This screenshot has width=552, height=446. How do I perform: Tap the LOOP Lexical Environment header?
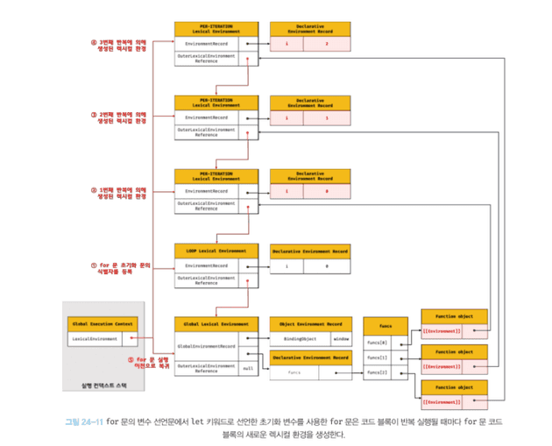click(216, 250)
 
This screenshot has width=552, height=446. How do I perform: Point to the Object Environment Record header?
click(311, 322)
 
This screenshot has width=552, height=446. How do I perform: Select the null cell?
click(248, 369)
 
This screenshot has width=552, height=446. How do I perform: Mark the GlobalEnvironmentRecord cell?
click(207, 346)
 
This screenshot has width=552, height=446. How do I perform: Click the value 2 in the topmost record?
click(326, 42)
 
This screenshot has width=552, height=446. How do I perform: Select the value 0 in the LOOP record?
click(326, 265)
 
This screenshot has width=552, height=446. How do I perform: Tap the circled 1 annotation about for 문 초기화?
click(122, 265)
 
